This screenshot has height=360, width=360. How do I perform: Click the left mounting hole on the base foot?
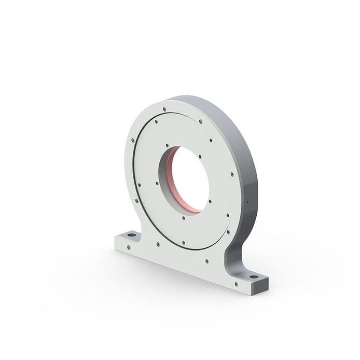[x=131, y=237]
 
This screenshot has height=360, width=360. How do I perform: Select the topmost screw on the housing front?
[x=164, y=109]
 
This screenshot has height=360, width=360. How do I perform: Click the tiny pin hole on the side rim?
[x=248, y=202]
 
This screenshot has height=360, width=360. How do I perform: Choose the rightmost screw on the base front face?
[x=237, y=284]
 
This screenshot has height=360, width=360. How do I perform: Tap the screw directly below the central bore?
[x=184, y=218]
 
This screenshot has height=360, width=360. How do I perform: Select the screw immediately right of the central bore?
[x=210, y=201]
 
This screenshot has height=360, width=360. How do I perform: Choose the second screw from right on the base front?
[x=207, y=262]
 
